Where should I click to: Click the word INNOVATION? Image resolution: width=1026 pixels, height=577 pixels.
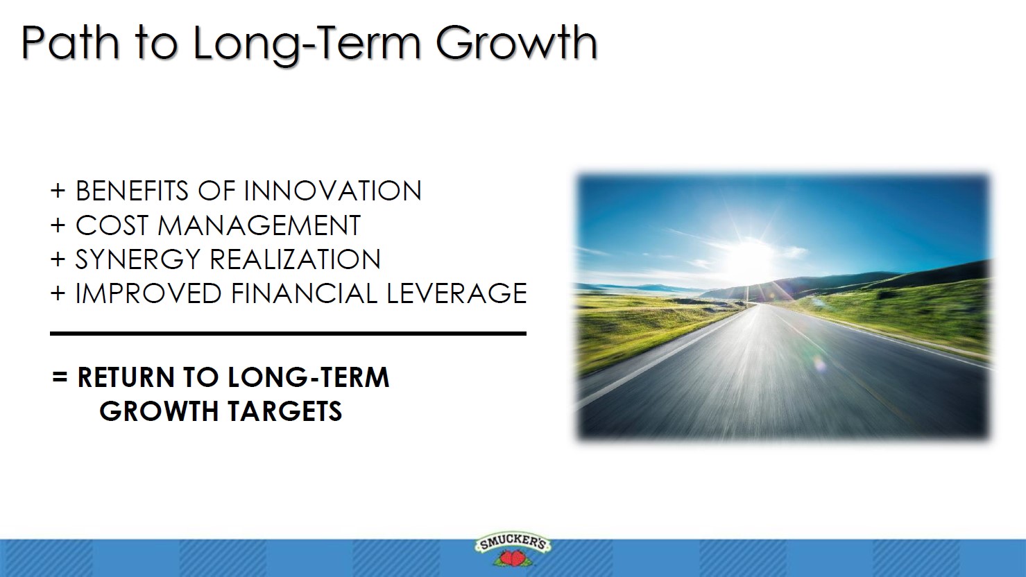pyautogui.click(x=333, y=191)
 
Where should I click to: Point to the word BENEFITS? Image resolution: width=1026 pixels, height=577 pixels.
pyautogui.click(x=132, y=191)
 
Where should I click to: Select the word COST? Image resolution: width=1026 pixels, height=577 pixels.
pyautogui.click(x=112, y=225)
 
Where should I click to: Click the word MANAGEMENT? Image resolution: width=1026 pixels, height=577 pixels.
pyautogui.click(x=259, y=225)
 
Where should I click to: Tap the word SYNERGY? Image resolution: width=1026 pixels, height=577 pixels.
pyautogui.click(x=138, y=259)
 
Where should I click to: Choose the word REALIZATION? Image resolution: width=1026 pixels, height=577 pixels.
pyautogui.click(x=295, y=259)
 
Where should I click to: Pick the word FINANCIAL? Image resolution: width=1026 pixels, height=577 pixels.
pyautogui.click(x=304, y=293)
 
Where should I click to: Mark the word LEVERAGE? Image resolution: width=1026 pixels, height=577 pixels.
pyautogui.click(x=456, y=293)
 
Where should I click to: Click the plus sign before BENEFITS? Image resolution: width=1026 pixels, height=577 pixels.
pyautogui.click(x=58, y=191)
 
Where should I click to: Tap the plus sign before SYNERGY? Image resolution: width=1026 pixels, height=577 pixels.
pyautogui.click(x=58, y=259)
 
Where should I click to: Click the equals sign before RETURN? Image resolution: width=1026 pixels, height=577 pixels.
pyautogui.click(x=60, y=377)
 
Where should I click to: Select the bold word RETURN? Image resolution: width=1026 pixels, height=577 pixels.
pyautogui.click(x=126, y=377)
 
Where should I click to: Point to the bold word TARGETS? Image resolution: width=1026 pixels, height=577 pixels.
pyautogui.click(x=284, y=411)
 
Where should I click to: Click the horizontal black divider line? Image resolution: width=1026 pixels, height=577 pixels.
pyautogui.click(x=288, y=334)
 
